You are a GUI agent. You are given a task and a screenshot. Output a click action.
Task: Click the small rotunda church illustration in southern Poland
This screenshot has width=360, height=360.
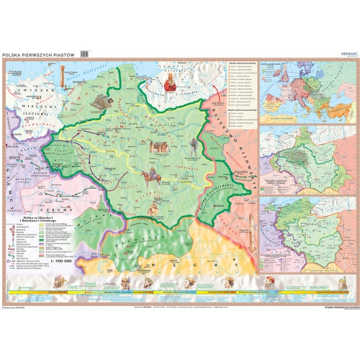pos(152,210)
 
